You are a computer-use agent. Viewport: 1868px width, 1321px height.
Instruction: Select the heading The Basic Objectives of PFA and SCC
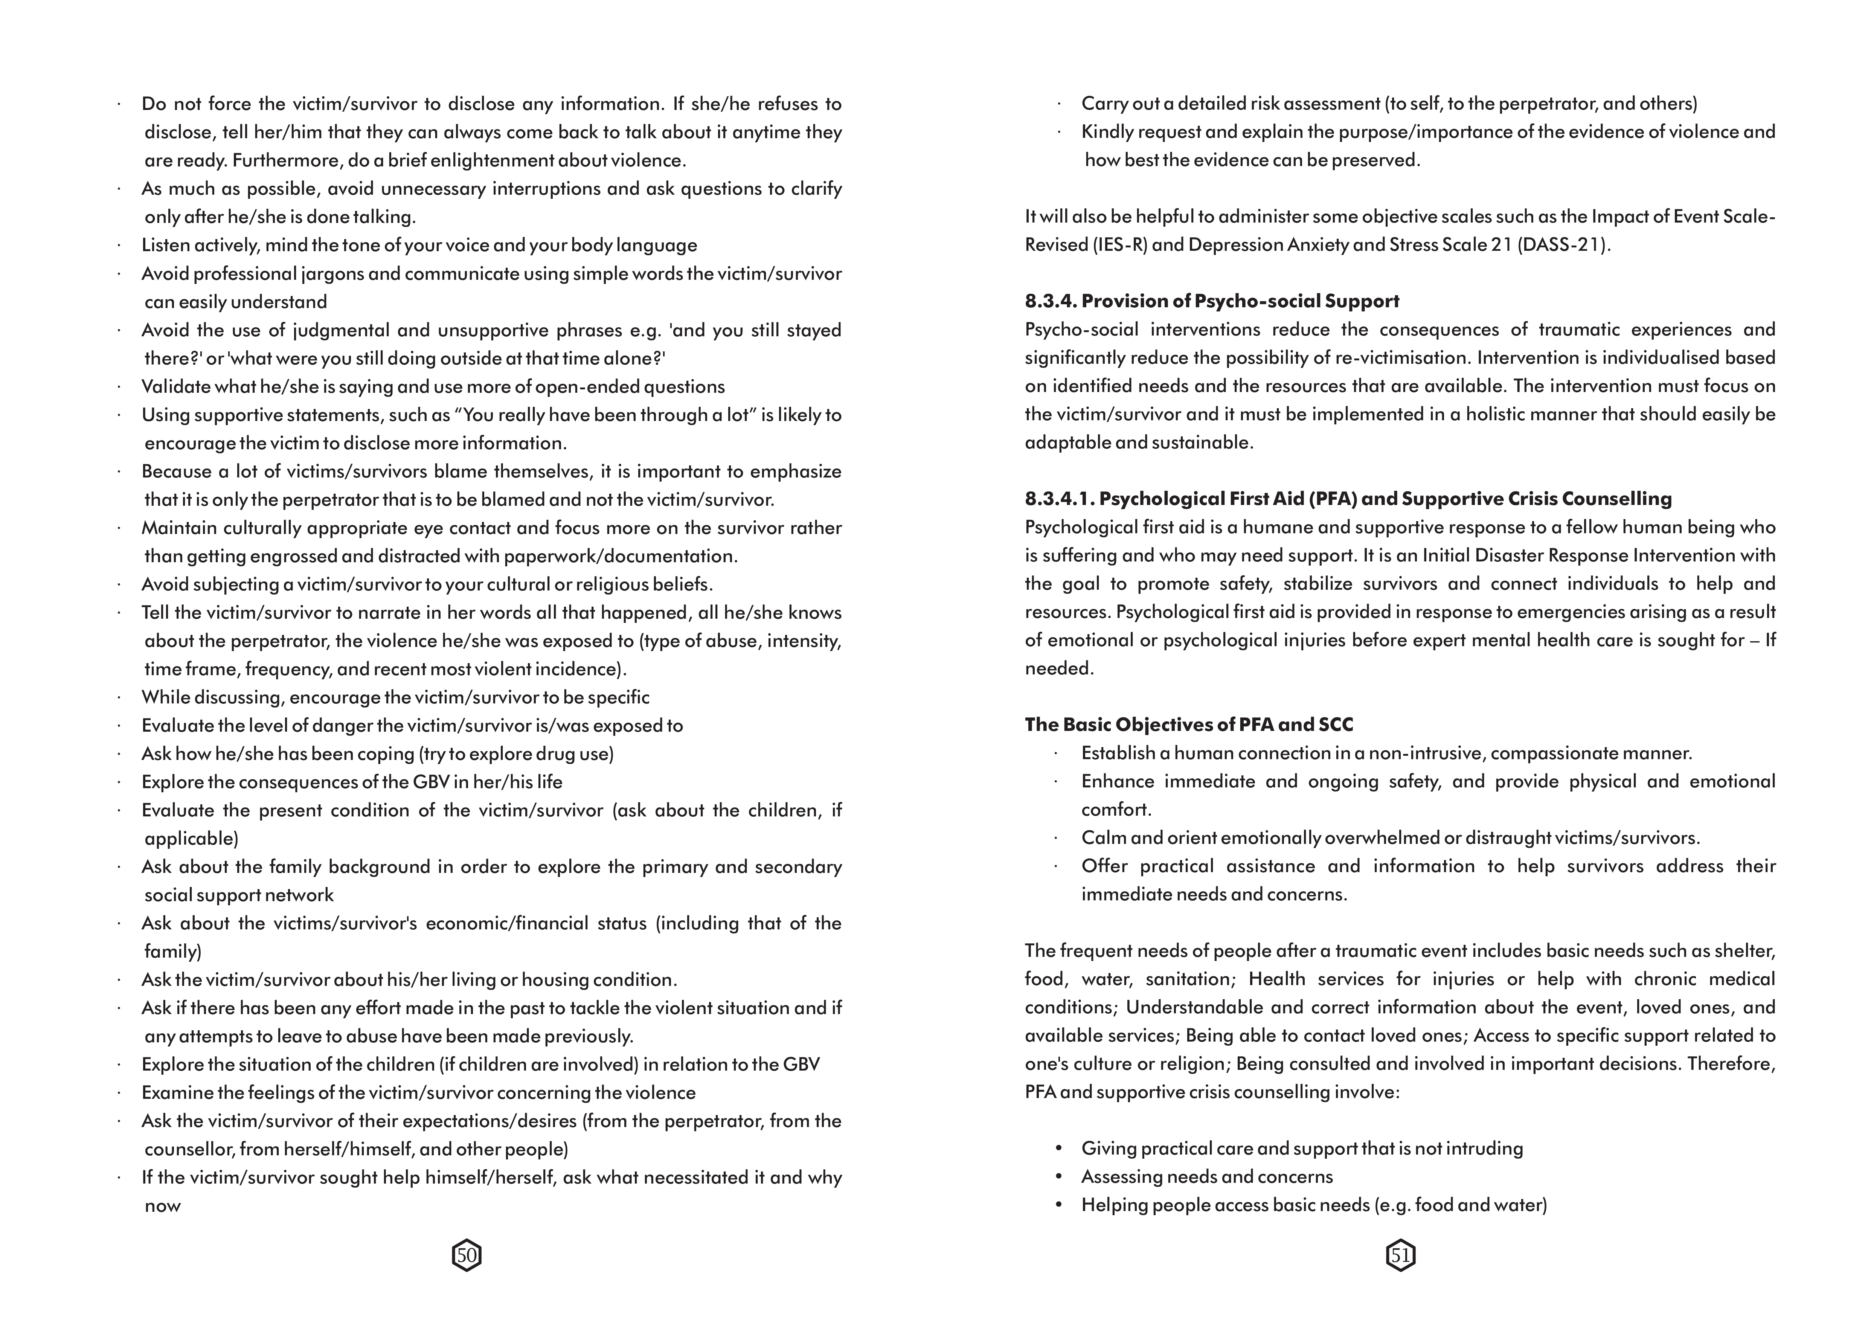[1189, 725]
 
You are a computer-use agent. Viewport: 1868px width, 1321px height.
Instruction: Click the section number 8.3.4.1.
[1058, 499]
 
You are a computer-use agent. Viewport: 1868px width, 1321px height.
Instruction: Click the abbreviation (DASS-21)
[1563, 245]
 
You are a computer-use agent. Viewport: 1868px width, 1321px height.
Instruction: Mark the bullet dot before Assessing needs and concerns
[1058, 1176]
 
